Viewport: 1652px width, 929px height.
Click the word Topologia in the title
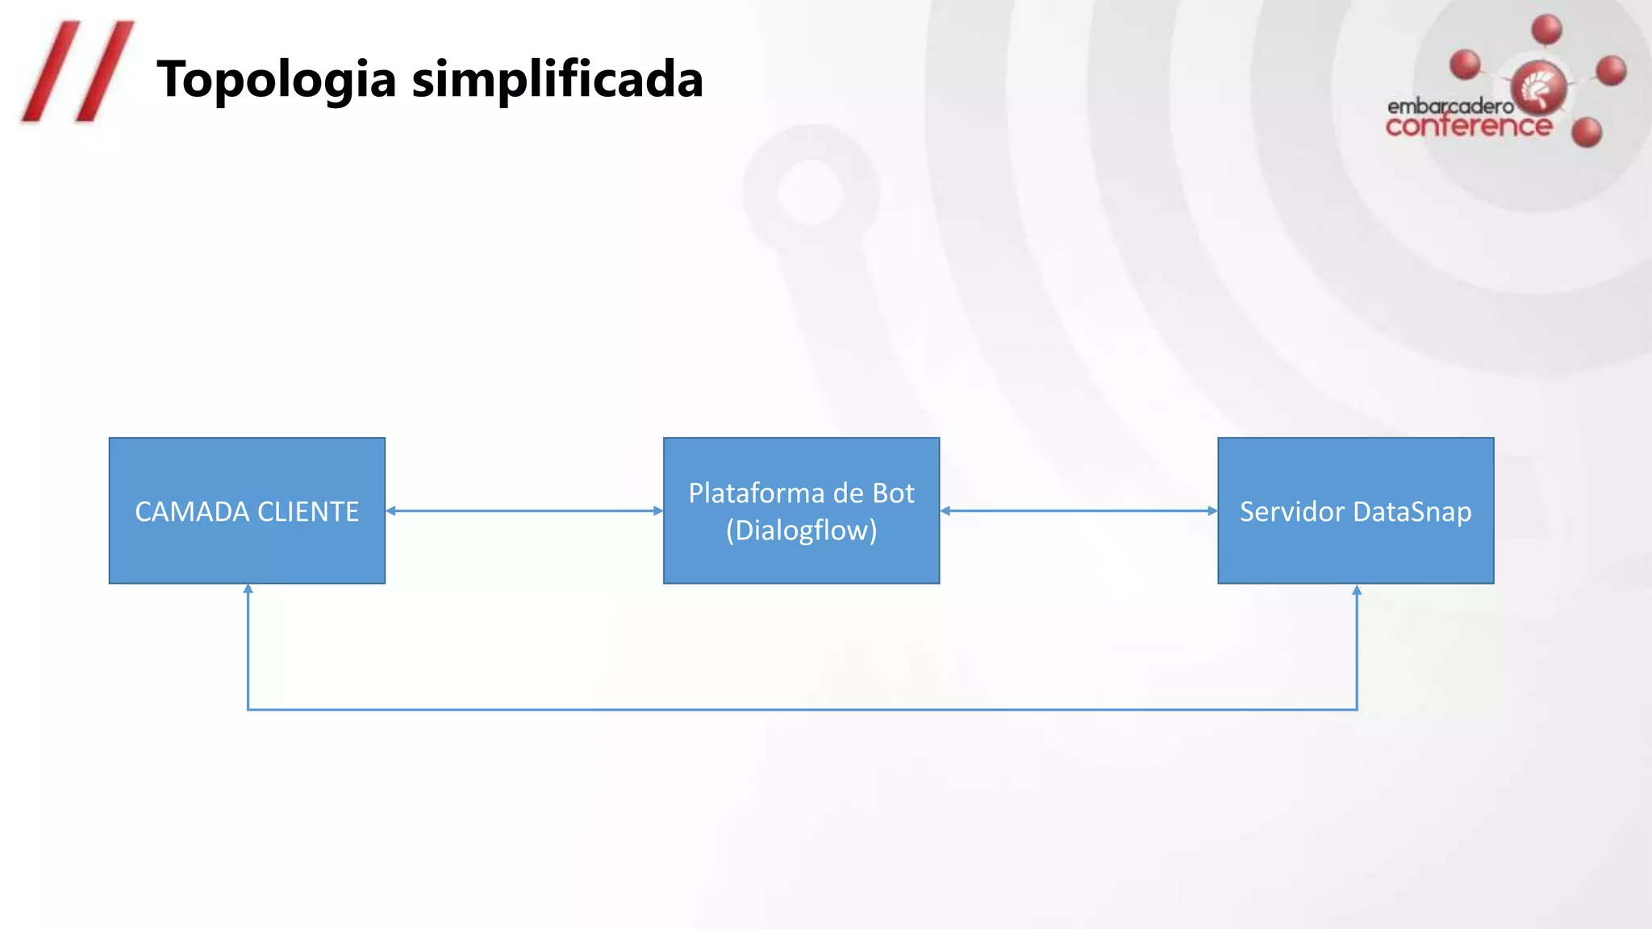click(x=276, y=81)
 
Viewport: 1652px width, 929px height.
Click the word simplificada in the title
click(x=557, y=79)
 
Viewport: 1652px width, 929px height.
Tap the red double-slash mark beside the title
click(x=77, y=73)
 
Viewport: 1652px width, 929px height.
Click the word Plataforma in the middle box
click(x=755, y=493)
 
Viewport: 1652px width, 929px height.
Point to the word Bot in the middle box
click(x=893, y=493)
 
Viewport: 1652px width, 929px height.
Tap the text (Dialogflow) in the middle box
click(x=801, y=531)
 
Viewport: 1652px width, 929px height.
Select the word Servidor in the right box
click(x=1291, y=512)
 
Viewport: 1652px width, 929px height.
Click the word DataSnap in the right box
click(x=1412, y=512)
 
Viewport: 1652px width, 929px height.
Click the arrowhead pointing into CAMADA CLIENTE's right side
click(x=391, y=510)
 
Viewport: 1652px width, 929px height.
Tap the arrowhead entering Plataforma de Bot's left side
click(x=657, y=510)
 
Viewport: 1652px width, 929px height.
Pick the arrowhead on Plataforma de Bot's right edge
click(x=945, y=510)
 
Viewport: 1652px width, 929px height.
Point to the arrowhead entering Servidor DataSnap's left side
click(x=1212, y=510)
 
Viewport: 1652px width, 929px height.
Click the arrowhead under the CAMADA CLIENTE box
click(x=248, y=589)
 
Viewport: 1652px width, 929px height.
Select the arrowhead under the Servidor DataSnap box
click(x=1357, y=590)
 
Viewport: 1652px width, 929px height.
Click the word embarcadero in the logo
click(x=1450, y=106)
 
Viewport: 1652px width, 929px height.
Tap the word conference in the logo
click(x=1468, y=127)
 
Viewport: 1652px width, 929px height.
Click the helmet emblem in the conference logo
click(x=1539, y=89)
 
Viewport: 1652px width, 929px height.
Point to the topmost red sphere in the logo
click(x=1546, y=30)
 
